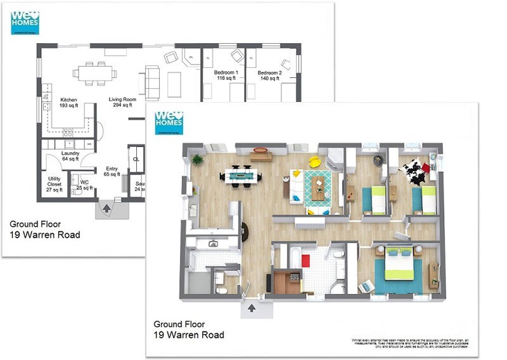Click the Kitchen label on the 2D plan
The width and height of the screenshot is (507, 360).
click(x=68, y=103)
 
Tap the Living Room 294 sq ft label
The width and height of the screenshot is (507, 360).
click(x=122, y=103)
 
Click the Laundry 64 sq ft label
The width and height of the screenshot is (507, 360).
click(x=70, y=157)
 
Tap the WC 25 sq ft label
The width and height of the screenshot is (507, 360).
click(x=84, y=185)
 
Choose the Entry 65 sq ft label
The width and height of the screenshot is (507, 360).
click(x=112, y=172)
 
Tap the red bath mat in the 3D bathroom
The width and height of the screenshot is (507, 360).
click(x=305, y=260)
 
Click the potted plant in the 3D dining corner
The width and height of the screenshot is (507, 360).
click(x=198, y=158)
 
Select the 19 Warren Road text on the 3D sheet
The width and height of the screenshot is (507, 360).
click(x=188, y=335)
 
